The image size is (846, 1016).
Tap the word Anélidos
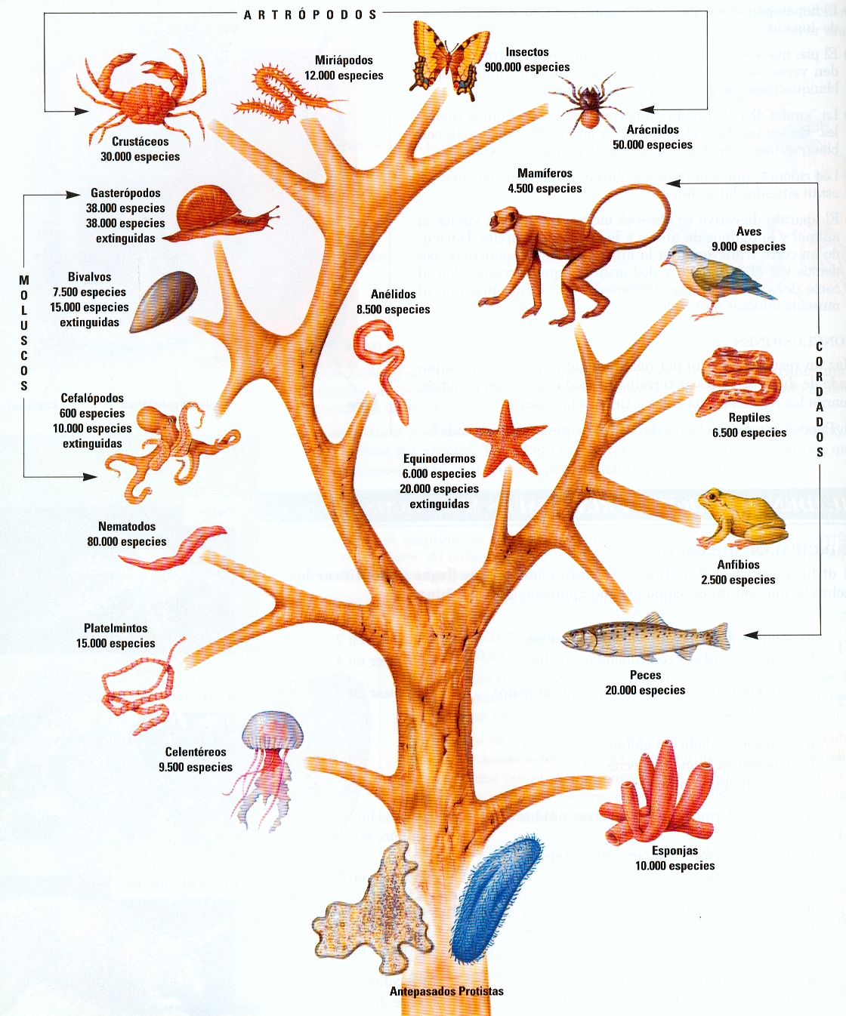(x=393, y=294)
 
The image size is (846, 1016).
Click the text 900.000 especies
(x=527, y=67)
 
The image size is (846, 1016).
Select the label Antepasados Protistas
(x=446, y=991)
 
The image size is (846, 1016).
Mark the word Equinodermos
(x=439, y=459)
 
